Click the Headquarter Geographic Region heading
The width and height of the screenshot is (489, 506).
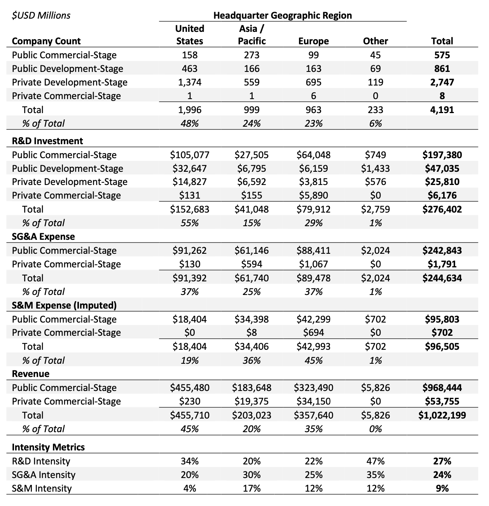[283, 15]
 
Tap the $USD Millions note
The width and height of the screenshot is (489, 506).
[41, 15]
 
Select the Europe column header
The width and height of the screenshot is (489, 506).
[313, 41]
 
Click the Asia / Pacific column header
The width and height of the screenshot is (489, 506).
[252, 35]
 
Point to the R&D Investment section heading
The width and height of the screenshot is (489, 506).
[47, 141]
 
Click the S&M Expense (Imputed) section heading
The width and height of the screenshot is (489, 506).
[64, 305]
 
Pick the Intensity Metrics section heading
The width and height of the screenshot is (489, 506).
[48, 447]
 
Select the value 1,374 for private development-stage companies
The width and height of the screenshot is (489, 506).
[190, 82]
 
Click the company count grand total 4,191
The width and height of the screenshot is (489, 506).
[442, 110]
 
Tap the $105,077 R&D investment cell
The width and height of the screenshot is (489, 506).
[190, 155]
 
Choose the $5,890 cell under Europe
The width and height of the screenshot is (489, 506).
[313, 195]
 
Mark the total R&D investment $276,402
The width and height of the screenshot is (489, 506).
[442, 209]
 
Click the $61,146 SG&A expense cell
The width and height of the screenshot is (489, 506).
[251, 250]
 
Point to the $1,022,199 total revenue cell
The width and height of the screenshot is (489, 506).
[442, 415]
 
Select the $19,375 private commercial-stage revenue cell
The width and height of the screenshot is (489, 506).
[251, 401]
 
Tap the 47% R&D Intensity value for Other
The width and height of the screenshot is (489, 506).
[375, 461]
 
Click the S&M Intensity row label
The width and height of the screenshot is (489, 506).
[42, 489]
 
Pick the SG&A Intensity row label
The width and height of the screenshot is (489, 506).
[44, 475]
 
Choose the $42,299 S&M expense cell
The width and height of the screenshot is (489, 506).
[313, 319]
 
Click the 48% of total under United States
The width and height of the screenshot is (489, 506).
[190, 123]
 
